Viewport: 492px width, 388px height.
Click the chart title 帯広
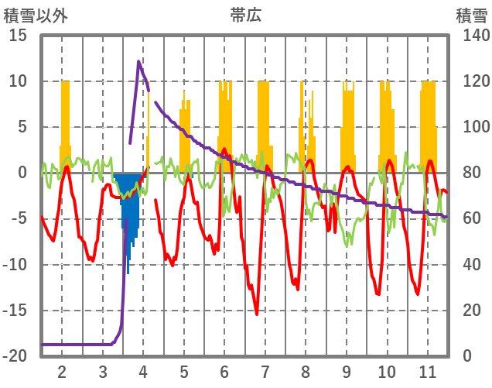(x=246, y=15)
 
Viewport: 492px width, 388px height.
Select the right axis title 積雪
(x=472, y=15)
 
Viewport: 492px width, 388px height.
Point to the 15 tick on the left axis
(x=18, y=36)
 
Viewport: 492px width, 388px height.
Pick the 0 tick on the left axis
(x=22, y=173)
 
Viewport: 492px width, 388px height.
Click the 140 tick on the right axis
(x=476, y=36)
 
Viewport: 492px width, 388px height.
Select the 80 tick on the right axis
(x=472, y=173)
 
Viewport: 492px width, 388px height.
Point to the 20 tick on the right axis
(x=472, y=311)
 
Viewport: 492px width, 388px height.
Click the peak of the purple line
(x=139, y=62)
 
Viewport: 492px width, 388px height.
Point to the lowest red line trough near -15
(x=256, y=313)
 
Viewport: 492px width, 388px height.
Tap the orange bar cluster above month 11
(x=427, y=116)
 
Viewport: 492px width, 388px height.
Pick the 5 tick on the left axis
(x=22, y=127)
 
